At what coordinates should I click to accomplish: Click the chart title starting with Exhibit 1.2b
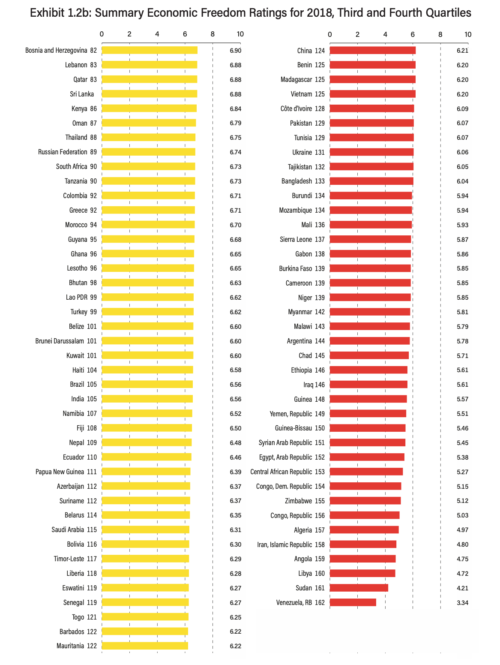click(x=250, y=13)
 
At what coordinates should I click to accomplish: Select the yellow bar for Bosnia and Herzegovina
click(x=149, y=51)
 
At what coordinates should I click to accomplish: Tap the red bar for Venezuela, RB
click(x=353, y=602)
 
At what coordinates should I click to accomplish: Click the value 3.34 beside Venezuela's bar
click(x=462, y=603)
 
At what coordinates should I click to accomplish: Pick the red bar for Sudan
click(x=359, y=588)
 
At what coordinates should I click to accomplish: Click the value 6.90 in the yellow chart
click(x=235, y=51)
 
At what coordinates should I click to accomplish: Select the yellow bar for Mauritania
click(x=144, y=646)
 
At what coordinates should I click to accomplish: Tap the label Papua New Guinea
click(x=60, y=472)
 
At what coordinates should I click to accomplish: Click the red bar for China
click(x=372, y=51)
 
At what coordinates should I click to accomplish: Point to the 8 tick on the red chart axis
click(x=440, y=35)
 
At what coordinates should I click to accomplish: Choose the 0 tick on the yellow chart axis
click(x=102, y=35)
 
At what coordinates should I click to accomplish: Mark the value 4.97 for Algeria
click(x=462, y=530)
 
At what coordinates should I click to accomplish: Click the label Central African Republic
click(x=281, y=472)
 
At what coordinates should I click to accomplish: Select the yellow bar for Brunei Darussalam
click(x=147, y=341)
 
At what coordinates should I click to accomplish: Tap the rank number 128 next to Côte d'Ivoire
click(x=320, y=109)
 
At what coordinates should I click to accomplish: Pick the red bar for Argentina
click(x=369, y=341)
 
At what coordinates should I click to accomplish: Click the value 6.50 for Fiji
click(x=235, y=428)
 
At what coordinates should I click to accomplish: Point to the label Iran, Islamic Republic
click(x=284, y=545)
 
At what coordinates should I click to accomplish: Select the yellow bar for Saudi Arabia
click(x=145, y=530)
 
